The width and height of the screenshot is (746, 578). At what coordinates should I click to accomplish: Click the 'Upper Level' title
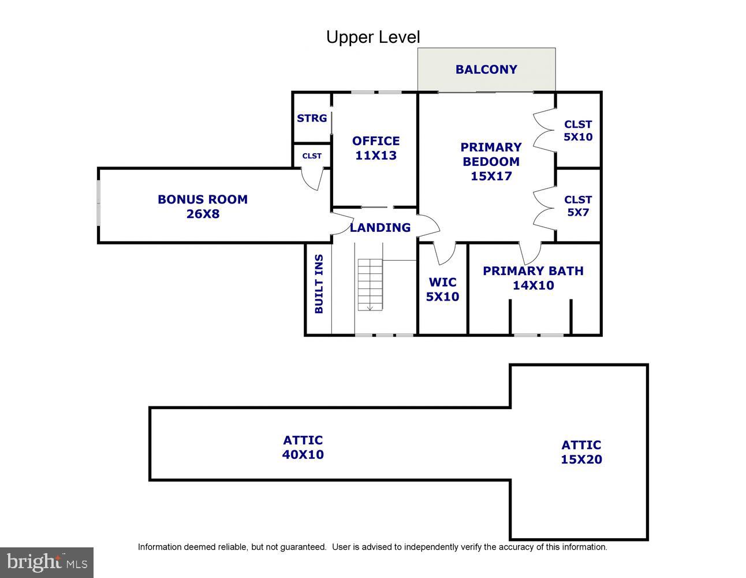(373, 37)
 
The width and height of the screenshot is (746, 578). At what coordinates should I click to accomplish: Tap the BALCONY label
(486, 69)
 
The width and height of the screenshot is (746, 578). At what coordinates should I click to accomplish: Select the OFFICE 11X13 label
(376, 148)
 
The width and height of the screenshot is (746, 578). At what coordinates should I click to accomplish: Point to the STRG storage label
(312, 118)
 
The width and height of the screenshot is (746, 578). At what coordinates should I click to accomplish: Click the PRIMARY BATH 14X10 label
(533, 278)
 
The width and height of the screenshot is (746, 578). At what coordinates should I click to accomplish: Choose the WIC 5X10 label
(442, 290)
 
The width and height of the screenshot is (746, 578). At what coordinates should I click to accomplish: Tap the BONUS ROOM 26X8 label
(203, 206)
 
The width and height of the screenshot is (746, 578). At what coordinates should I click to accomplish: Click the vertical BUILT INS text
(319, 284)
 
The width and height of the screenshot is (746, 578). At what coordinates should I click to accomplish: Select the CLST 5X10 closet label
(578, 131)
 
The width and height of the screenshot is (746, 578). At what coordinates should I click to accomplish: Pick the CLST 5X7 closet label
(578, 206)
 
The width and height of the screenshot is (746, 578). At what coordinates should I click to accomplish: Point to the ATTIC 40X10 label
(303, 447)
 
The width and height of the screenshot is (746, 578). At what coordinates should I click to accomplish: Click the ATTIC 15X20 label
(581, 452)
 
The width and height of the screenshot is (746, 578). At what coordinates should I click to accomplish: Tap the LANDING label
(380, 228)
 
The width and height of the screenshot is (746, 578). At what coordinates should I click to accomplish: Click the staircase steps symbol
(370, 285)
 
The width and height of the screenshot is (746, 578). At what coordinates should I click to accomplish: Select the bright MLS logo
(47, 562)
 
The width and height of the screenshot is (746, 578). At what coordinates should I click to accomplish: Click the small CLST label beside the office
(312, 156)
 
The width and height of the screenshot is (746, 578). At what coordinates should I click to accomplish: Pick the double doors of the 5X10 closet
(544, 130)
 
